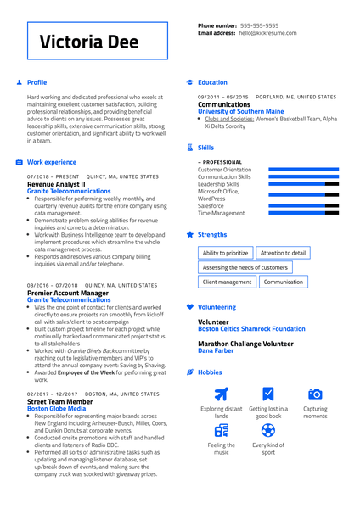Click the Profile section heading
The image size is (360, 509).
point(37,83)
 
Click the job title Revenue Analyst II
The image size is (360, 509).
point(56,184)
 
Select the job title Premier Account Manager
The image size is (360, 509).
point(68,293)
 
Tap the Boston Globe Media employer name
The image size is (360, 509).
point(56,409)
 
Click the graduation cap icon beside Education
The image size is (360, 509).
point(189,83)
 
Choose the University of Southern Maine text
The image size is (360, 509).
point(241,112)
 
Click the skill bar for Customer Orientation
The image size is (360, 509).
point(303,170)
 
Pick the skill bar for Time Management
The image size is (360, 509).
point(303,213)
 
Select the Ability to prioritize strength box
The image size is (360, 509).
point(226,253)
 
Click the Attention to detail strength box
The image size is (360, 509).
point(283,253)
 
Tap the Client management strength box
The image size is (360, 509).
point(227,282)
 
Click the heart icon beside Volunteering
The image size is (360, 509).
point(189,307)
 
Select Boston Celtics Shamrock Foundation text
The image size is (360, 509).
point(251,329)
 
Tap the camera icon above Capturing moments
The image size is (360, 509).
point(315,394)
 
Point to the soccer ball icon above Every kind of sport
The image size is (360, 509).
point(268,431)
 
